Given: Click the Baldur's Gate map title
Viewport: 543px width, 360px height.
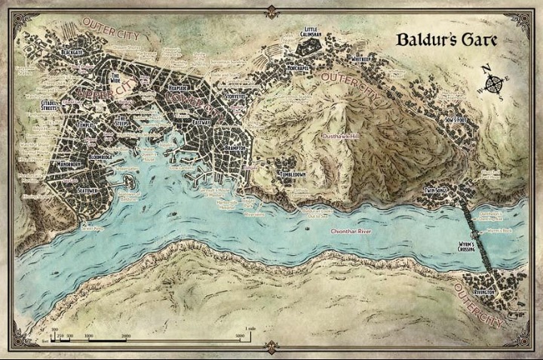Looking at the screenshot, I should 456,43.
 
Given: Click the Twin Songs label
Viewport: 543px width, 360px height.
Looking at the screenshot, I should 437,191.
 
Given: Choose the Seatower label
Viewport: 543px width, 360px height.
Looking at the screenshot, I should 86,191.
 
